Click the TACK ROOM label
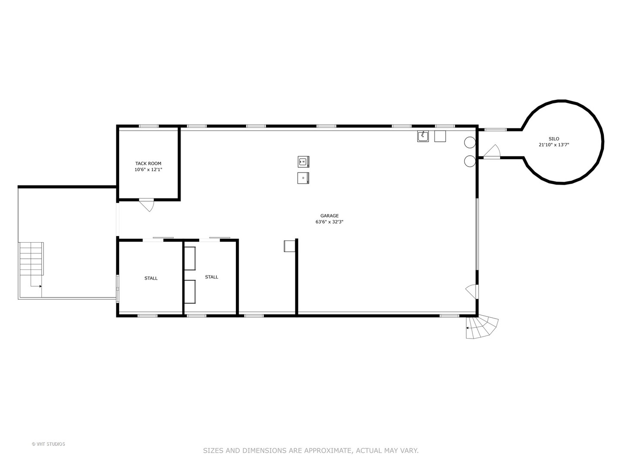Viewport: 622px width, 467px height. click(148, 163)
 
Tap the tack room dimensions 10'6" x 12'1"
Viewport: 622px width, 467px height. click(148, 170)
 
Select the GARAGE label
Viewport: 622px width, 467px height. click(329, 216)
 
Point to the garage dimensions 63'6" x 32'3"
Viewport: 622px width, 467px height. click(329, 222)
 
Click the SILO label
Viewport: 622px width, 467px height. click(554, 139)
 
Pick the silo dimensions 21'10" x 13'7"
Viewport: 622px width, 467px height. click(554, 145)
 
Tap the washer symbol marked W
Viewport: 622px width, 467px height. click(303, 162)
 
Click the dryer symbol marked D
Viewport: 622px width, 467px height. click(303, 178)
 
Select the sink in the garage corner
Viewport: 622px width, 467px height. click(423, 136)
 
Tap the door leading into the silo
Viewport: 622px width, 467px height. click(492, 151)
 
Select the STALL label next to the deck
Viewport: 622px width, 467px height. click(151, 278)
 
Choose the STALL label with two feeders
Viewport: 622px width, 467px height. click(211, 277)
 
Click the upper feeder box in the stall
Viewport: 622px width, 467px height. click(190, 258)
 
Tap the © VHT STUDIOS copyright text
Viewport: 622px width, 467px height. click(48, 444)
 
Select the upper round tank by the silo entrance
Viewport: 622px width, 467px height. click(470, 142)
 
